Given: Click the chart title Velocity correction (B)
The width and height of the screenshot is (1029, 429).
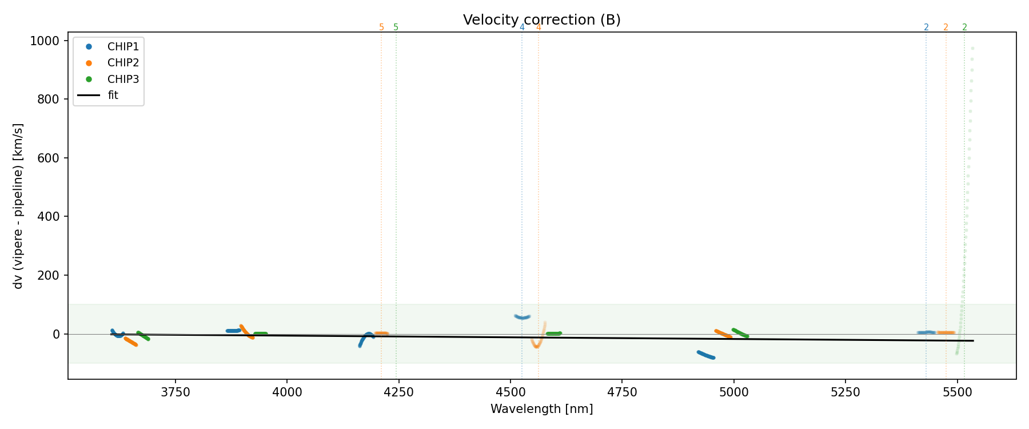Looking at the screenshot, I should [541, 20].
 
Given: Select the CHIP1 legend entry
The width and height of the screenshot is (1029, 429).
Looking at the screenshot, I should [123, 47].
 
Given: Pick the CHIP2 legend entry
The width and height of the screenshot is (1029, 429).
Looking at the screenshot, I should [123, 63].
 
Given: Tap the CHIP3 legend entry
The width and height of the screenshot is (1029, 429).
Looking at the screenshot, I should [123, 80].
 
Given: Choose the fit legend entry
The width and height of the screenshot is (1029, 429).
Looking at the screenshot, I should [113, 96].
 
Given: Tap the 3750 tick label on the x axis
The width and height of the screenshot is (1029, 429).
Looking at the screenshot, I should [176, 392].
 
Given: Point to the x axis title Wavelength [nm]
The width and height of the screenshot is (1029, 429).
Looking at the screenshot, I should [541, 409].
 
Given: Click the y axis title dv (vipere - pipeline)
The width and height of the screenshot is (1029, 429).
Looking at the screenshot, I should [18, 206].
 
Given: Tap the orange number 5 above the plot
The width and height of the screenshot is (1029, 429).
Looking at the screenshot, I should [381, 27].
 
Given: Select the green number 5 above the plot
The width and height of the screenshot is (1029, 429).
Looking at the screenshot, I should [396, 27].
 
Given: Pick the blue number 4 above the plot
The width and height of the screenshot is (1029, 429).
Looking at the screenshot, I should [522, 27].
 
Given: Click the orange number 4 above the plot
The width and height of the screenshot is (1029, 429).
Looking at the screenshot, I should [539, 27].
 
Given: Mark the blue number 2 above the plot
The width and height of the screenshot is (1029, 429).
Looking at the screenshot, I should [926, 27].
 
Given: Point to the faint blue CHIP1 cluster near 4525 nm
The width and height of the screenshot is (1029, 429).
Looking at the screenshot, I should [523, 317].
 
